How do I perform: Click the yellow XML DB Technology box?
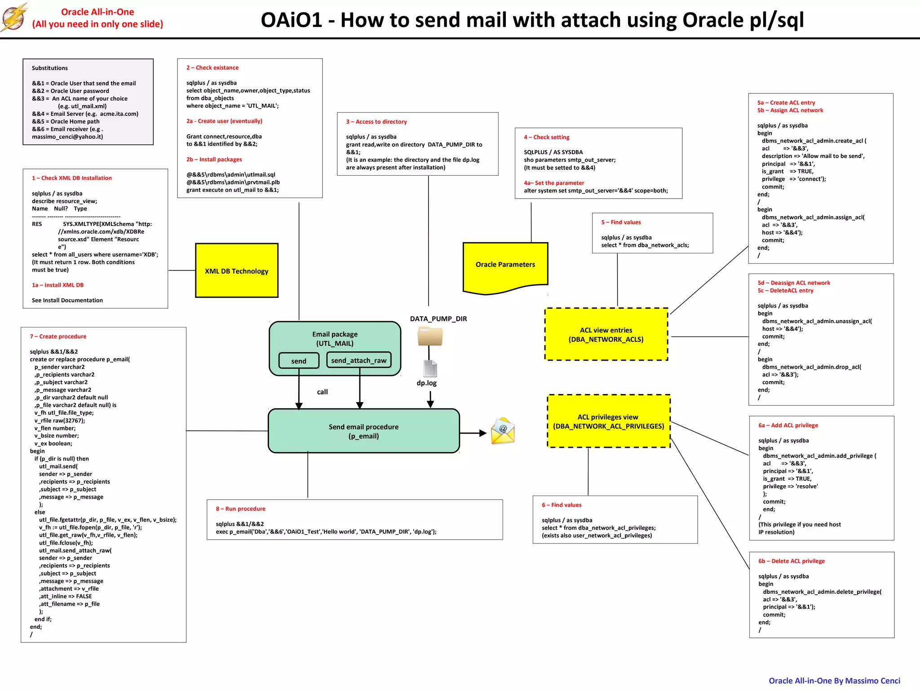[237, 270]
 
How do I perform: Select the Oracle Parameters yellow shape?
[505, 265]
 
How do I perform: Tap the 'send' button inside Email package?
[299, 361]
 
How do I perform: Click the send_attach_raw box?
[359, 360]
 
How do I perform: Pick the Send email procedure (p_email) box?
[363, 431]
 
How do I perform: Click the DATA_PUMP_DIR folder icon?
[430, 336]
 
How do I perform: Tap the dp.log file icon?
[430, 368]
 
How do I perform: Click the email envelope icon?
[503, 432]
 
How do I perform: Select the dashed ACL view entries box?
[606, 334]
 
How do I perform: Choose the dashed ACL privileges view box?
[608, 421]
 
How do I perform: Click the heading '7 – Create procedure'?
[58, 336]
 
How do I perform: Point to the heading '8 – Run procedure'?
[240, 509]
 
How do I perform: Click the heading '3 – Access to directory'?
[376, 122]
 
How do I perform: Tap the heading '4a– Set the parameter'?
[554, 183]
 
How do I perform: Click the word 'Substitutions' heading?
[50, 68]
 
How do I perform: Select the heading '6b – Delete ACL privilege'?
[792, 561]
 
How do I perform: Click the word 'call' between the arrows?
[322, 392]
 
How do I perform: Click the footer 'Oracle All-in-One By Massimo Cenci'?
[834, 681]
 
